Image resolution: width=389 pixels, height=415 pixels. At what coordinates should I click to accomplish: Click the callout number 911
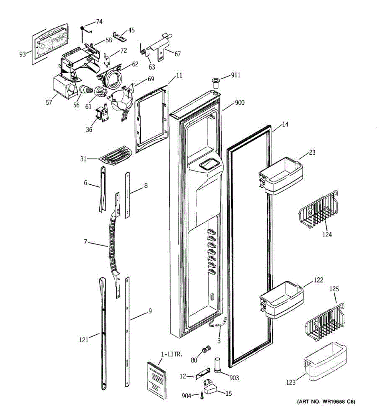(235, 75)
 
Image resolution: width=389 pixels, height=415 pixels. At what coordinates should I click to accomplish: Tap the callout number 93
(22, 54)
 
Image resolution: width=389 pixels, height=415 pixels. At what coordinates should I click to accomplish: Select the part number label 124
(327, 235)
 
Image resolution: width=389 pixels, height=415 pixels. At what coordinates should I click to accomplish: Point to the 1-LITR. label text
(172, 354)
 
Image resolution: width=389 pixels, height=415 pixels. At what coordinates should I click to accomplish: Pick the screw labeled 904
(202, 396)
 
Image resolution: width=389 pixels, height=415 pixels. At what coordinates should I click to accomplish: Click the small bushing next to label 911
(214, 83)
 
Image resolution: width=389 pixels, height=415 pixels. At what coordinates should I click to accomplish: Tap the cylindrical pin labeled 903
(217, 365)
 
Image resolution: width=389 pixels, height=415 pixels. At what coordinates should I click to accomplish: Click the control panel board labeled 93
(50, 44)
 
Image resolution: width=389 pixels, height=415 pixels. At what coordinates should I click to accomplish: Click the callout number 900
(240, 102)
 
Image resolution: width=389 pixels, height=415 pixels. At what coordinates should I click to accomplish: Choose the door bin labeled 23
(280, 176)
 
